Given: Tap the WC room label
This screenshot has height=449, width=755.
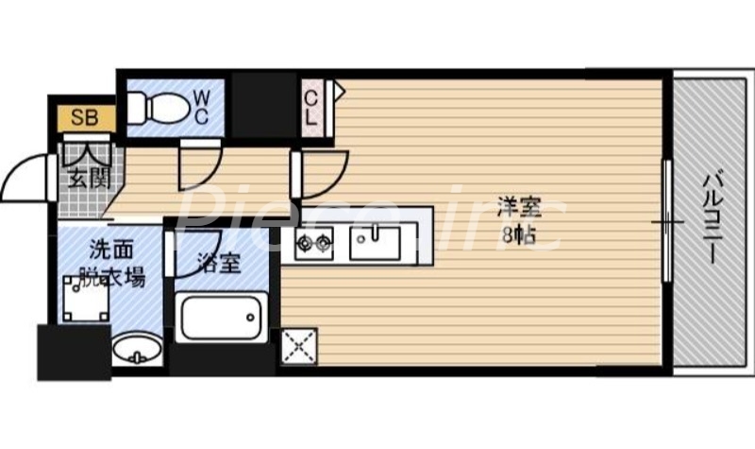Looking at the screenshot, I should click(x=202, y=105).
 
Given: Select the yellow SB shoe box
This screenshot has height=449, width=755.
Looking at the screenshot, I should click(x=83, y=119).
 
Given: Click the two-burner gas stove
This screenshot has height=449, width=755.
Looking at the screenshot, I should click(x=314, y=245).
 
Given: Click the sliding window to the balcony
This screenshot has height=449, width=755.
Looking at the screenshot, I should click(x=667, y=221).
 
